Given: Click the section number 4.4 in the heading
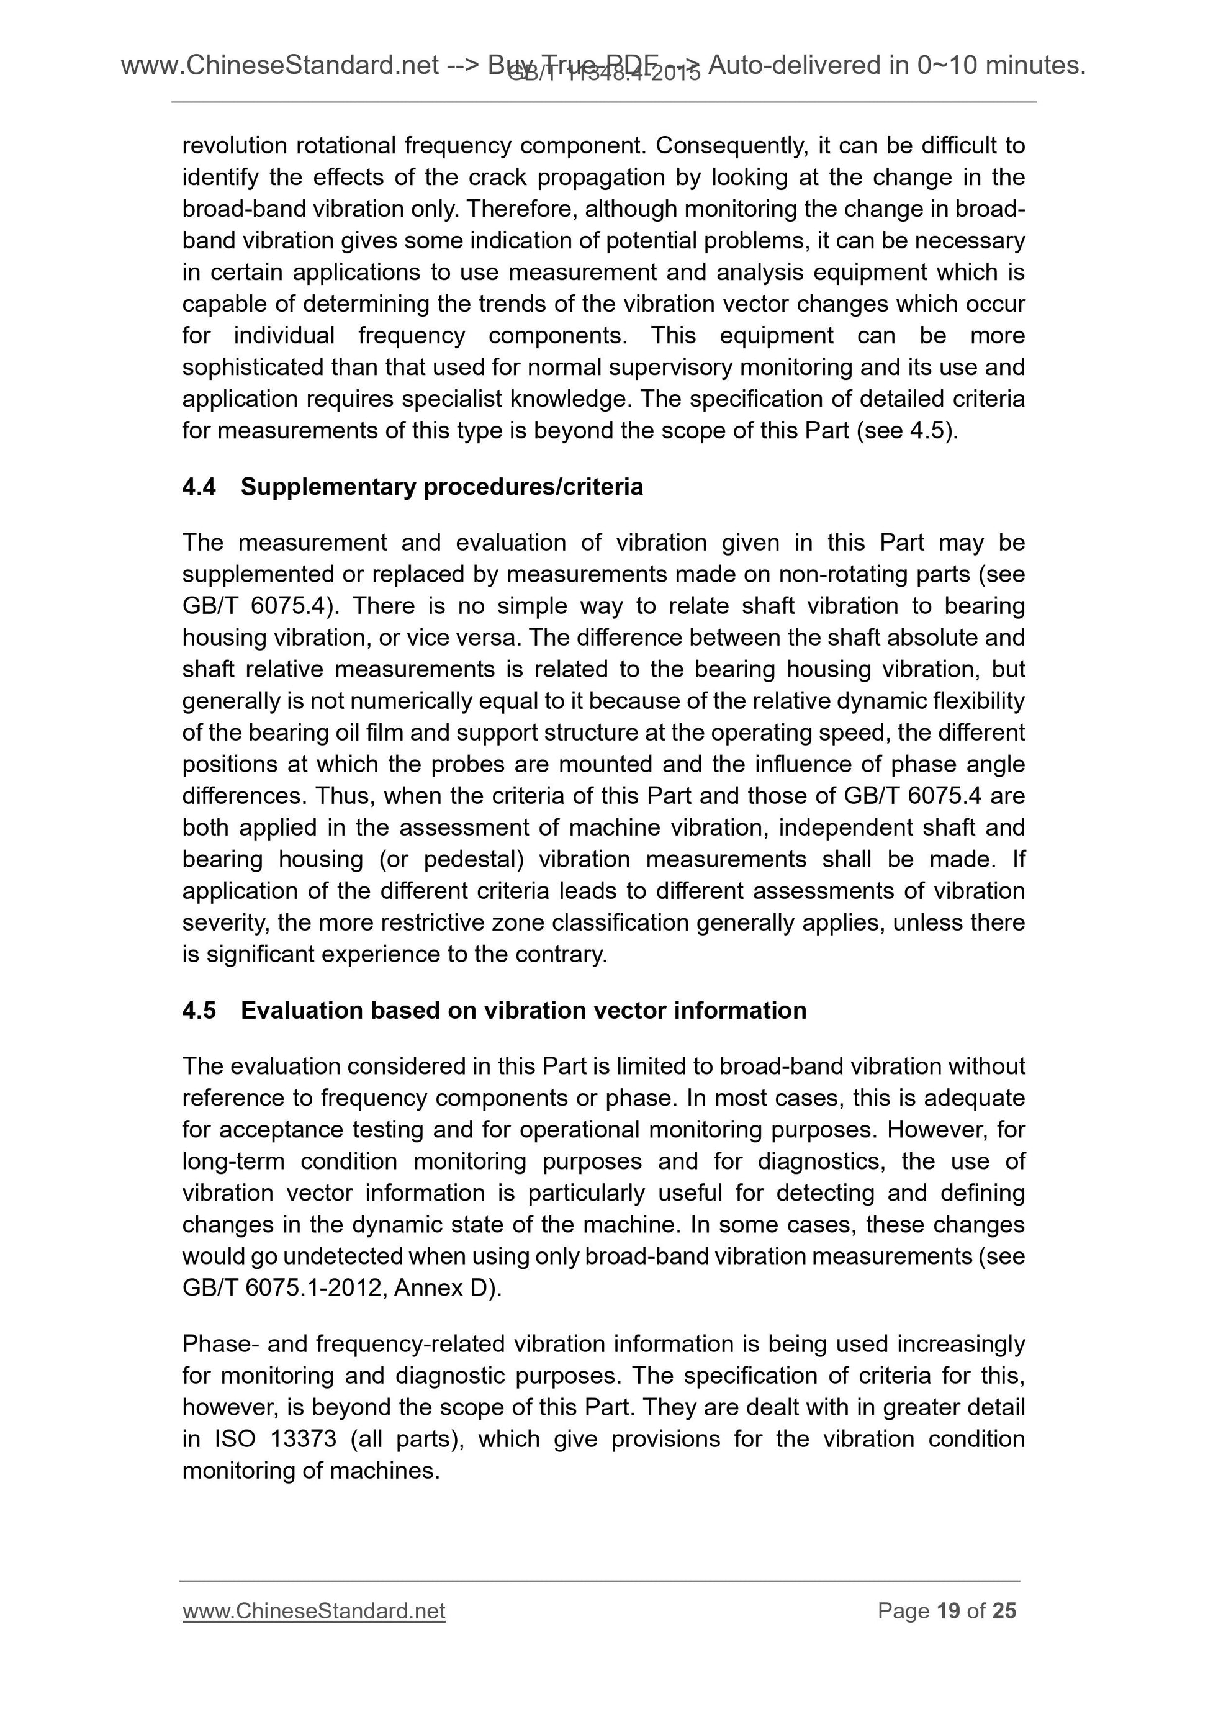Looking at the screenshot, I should click(199, 487).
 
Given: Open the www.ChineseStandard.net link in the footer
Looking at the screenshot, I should click(313, 1612).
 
